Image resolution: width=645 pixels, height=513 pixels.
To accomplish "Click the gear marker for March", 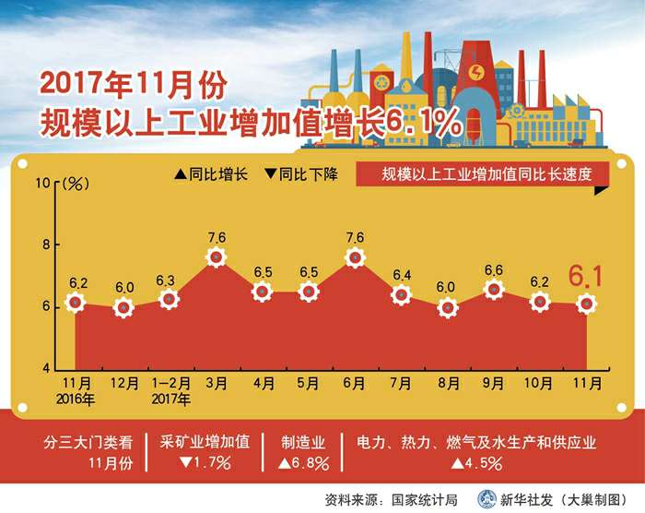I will pyautogui.click(x=217, y=258).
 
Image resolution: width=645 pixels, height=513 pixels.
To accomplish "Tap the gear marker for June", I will pyautogui.click(x=355, y=258).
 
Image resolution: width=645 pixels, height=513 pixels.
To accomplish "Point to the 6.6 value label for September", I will pyautogui.click(x=494, y=269).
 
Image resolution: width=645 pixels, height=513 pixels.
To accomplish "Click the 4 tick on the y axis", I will pyautogui.click(x=47, y=368).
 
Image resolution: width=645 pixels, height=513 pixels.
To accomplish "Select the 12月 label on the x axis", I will pyautogui.click(x=124, y=382).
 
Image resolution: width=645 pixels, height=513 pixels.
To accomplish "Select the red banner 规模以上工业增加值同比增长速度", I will pyautogui.click(x=474, y=173).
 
